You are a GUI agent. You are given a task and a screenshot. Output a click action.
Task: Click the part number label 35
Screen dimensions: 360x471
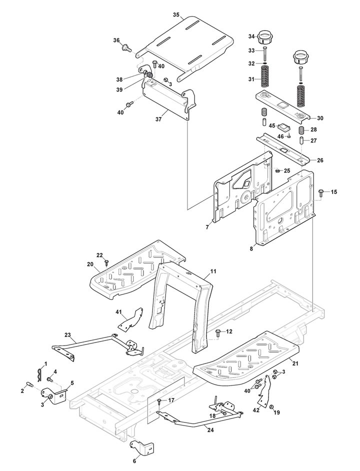176,14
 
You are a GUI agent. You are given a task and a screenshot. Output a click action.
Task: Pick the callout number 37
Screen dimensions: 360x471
158,119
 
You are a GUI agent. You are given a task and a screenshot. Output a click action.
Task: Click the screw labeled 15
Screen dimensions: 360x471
320,192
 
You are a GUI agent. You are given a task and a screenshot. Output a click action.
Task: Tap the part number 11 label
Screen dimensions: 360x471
213,271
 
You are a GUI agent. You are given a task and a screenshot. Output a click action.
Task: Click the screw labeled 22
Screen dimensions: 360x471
106,263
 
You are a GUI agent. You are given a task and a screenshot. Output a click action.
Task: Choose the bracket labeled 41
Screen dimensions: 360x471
130,321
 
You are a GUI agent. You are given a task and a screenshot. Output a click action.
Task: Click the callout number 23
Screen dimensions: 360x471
67,334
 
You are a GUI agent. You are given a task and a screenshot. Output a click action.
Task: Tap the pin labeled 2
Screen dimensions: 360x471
30,384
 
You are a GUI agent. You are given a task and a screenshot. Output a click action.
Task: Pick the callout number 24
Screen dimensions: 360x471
210,430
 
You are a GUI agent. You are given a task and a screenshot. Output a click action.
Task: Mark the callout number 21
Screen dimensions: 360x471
295,363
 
